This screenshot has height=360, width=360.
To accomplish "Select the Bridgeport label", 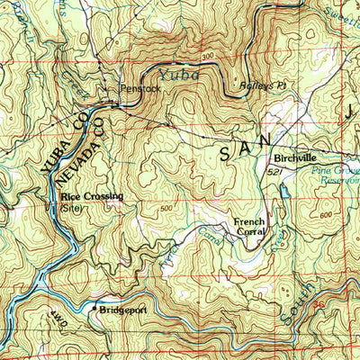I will point(122,308).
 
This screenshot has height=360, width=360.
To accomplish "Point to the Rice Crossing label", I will point(92,195).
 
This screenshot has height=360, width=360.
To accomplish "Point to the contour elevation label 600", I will point(325,214).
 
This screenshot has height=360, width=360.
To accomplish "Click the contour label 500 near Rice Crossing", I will point(166,209).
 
